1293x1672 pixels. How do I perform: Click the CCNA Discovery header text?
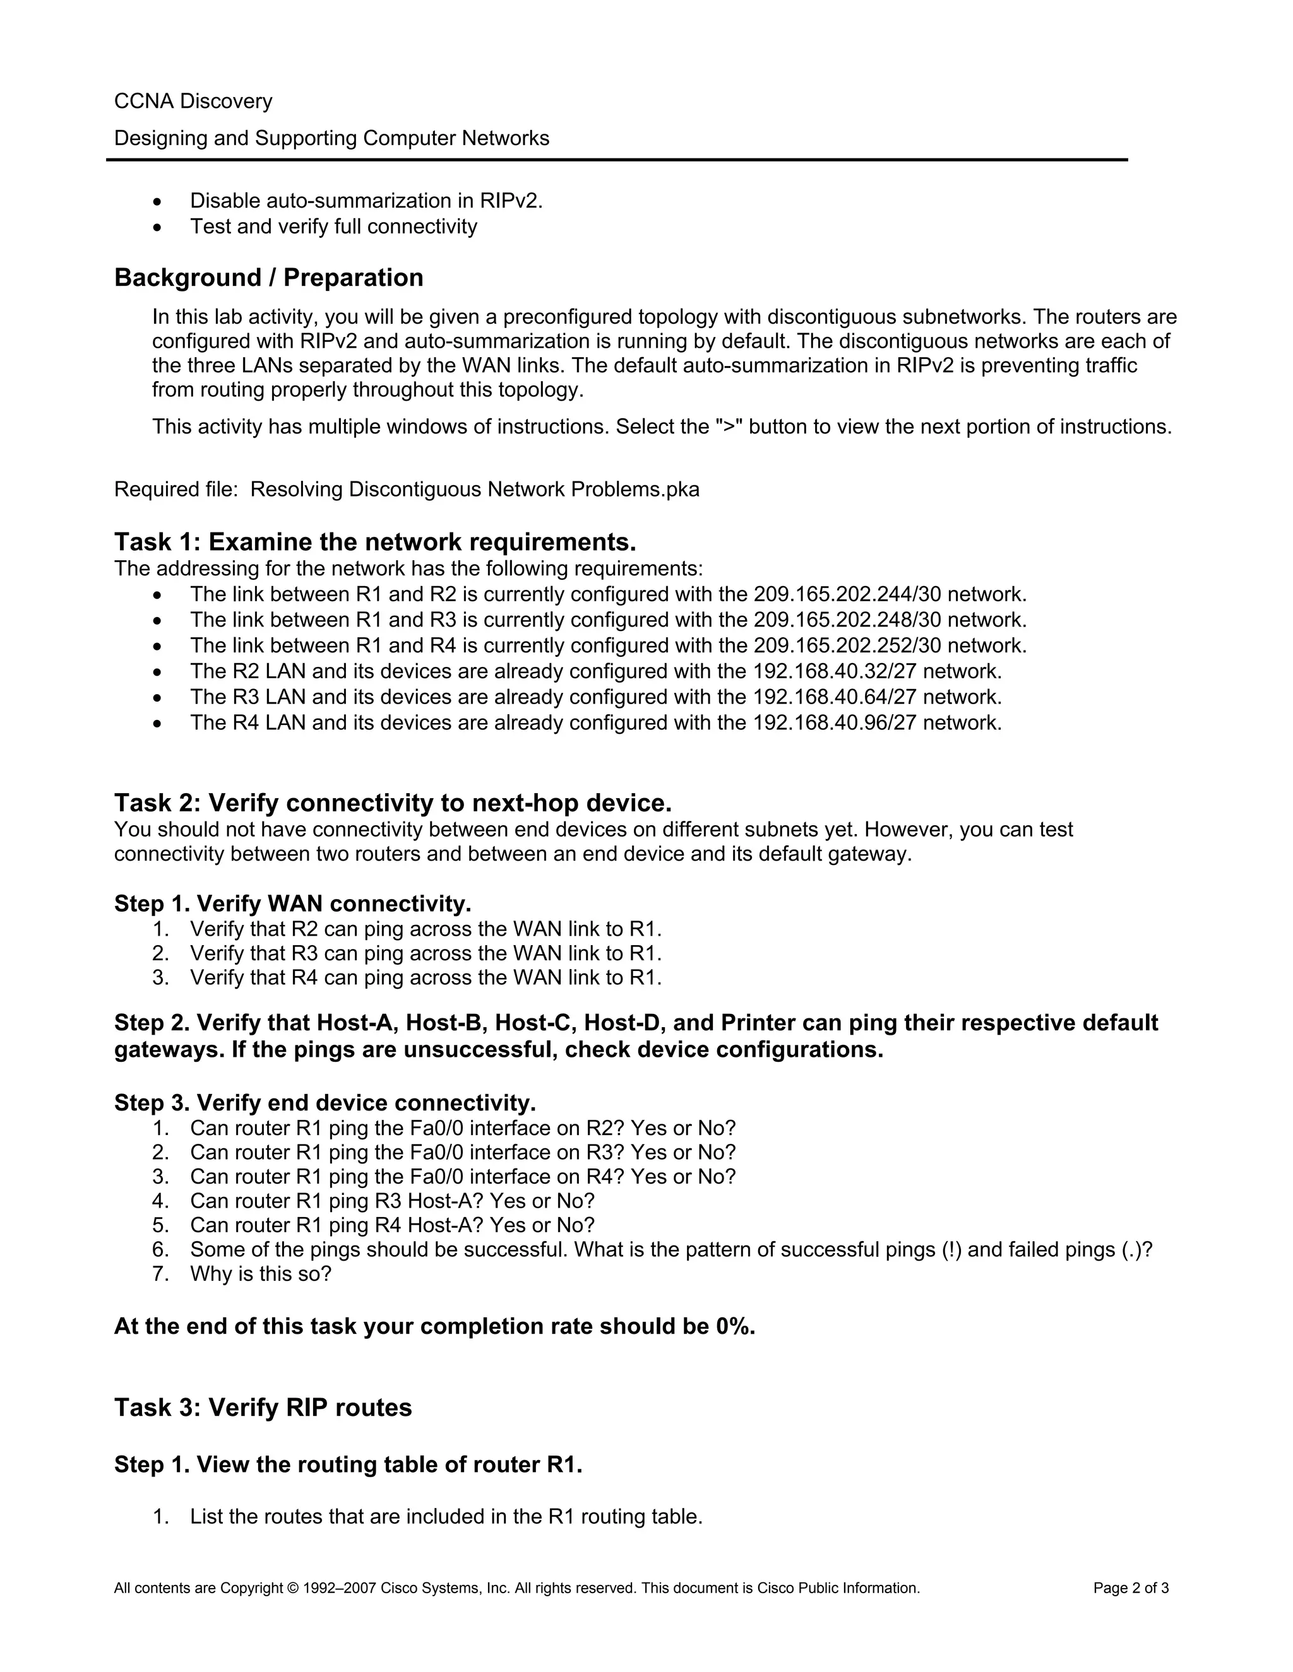tap(193, 101)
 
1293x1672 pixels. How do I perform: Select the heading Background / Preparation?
tap(268, 277)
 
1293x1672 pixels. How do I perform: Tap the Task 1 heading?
tap(374, 542)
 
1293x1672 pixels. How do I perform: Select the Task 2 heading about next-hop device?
tap(392, 803)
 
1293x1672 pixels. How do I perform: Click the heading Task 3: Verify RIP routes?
tap(263, 1407)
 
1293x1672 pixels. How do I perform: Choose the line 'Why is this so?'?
tap(261, 1274)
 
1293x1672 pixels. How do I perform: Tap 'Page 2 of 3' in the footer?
tap(1131, 1588)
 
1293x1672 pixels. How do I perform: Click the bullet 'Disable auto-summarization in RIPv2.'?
tap(366, 201)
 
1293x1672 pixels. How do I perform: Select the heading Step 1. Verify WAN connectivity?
tap(292, 904)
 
